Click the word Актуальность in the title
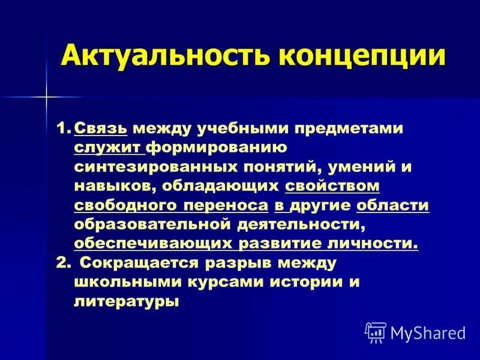coord(161,56)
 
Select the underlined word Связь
coord(101,130)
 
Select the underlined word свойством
coord(332,187)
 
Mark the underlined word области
coord(392,206)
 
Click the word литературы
coord(127,301)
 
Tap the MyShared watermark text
coord(427,332)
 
